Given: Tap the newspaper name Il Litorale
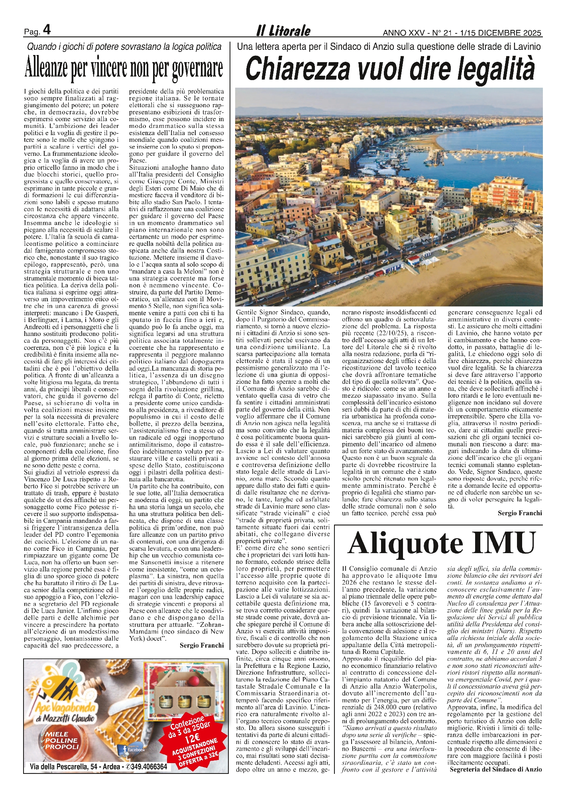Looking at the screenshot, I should (283, 31).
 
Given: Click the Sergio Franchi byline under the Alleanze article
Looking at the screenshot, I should (202, 645).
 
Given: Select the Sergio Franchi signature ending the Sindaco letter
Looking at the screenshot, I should (520, 513).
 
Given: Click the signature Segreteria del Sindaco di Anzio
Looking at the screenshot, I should (495, 769).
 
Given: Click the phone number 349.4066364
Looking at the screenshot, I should (149, 766).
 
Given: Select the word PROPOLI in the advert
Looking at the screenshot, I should (62, 746).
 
